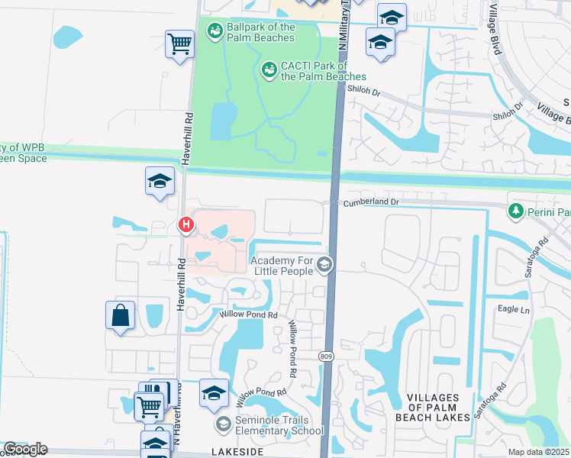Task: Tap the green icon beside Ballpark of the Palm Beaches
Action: click(x=215, y=31)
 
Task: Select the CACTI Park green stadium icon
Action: click(x=269, y=71)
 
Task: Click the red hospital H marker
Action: click(x=185, y=225)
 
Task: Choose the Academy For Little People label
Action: click(x=282, y=266)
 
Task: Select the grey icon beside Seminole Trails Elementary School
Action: click(x=223, y=424)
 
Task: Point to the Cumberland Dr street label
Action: click(x=372, y=202)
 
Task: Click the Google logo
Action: click(x=25, y=449)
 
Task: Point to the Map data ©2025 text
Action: click(x=537, y=452)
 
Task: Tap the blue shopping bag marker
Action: click(x=121, y=315)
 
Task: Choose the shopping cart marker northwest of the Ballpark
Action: click(x=179, y=44)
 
